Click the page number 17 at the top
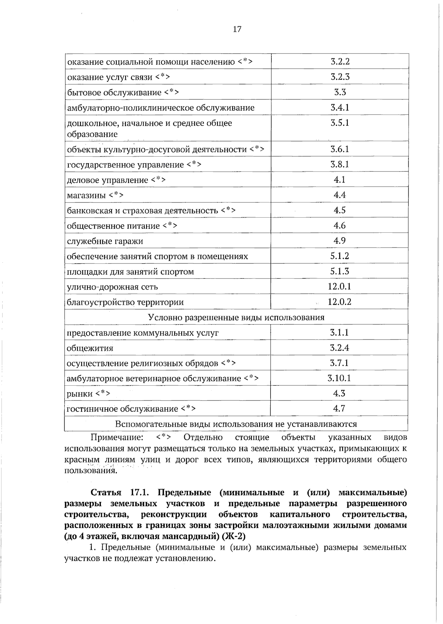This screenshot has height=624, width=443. click(237, 30)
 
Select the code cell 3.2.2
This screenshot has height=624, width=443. click(340, 62)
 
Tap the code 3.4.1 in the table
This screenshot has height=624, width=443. click(340, 108)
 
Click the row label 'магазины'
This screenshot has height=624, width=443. click(86, 195)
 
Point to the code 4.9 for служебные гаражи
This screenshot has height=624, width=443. click(340, 241)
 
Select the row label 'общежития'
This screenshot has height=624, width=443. click(90, 348)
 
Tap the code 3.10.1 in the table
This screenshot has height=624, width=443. click(339, 378)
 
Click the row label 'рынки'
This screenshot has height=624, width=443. click(80, 394)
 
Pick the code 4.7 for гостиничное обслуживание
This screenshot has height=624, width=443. click(339, 409)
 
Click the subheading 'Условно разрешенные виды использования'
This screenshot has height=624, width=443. click(236, 317)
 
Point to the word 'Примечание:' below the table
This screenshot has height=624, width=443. click(117, 437)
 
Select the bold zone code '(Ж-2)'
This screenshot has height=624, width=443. click(233, 536)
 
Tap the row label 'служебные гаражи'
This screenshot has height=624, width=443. click(105, 241)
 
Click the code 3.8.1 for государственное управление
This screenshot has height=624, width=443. click(340, 164)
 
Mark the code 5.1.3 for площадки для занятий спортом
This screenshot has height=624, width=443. click(340, 271)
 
